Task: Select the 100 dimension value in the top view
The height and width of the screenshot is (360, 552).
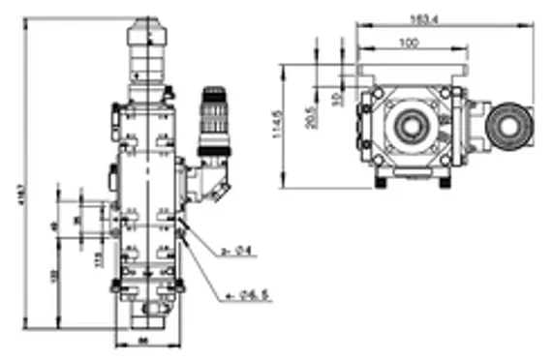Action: pyautogui.click(x=409, y=42)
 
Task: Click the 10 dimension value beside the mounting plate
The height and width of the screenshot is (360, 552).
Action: pyautogui.click(x=336, y=98)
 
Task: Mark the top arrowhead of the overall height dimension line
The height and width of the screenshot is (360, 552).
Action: pyautogui.click(x=26, y=18)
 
